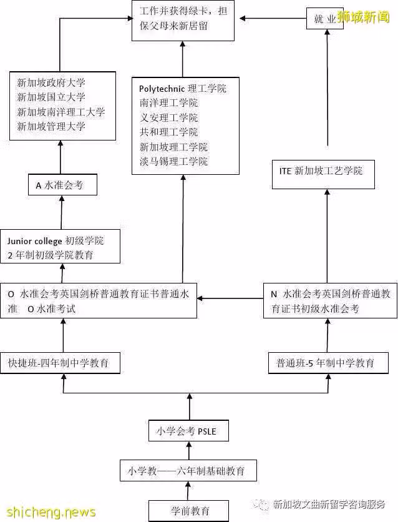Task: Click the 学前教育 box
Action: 188,510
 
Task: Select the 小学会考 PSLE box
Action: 188,431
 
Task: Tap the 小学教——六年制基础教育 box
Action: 188,470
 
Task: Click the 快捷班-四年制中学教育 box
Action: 60,363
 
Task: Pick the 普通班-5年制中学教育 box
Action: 328,363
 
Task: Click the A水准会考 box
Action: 62,185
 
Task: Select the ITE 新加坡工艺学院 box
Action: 323,174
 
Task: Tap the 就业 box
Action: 324,19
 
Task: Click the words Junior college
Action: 34,240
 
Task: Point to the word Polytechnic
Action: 162,89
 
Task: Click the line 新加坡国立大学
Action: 51,97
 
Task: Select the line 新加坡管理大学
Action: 51,126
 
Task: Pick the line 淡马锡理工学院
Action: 173,162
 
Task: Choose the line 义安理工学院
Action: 168,117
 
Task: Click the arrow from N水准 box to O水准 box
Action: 230,298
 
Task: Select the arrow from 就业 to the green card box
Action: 273,18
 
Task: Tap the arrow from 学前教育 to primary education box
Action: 188,491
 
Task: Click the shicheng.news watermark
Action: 51,511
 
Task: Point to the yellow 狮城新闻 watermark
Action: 364,17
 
